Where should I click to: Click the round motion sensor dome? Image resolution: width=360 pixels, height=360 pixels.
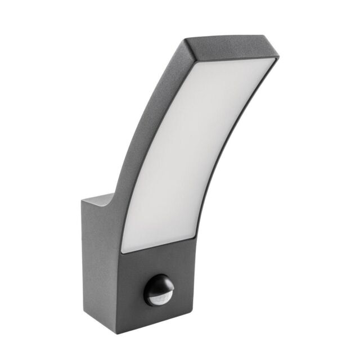click(x=159, y=290)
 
